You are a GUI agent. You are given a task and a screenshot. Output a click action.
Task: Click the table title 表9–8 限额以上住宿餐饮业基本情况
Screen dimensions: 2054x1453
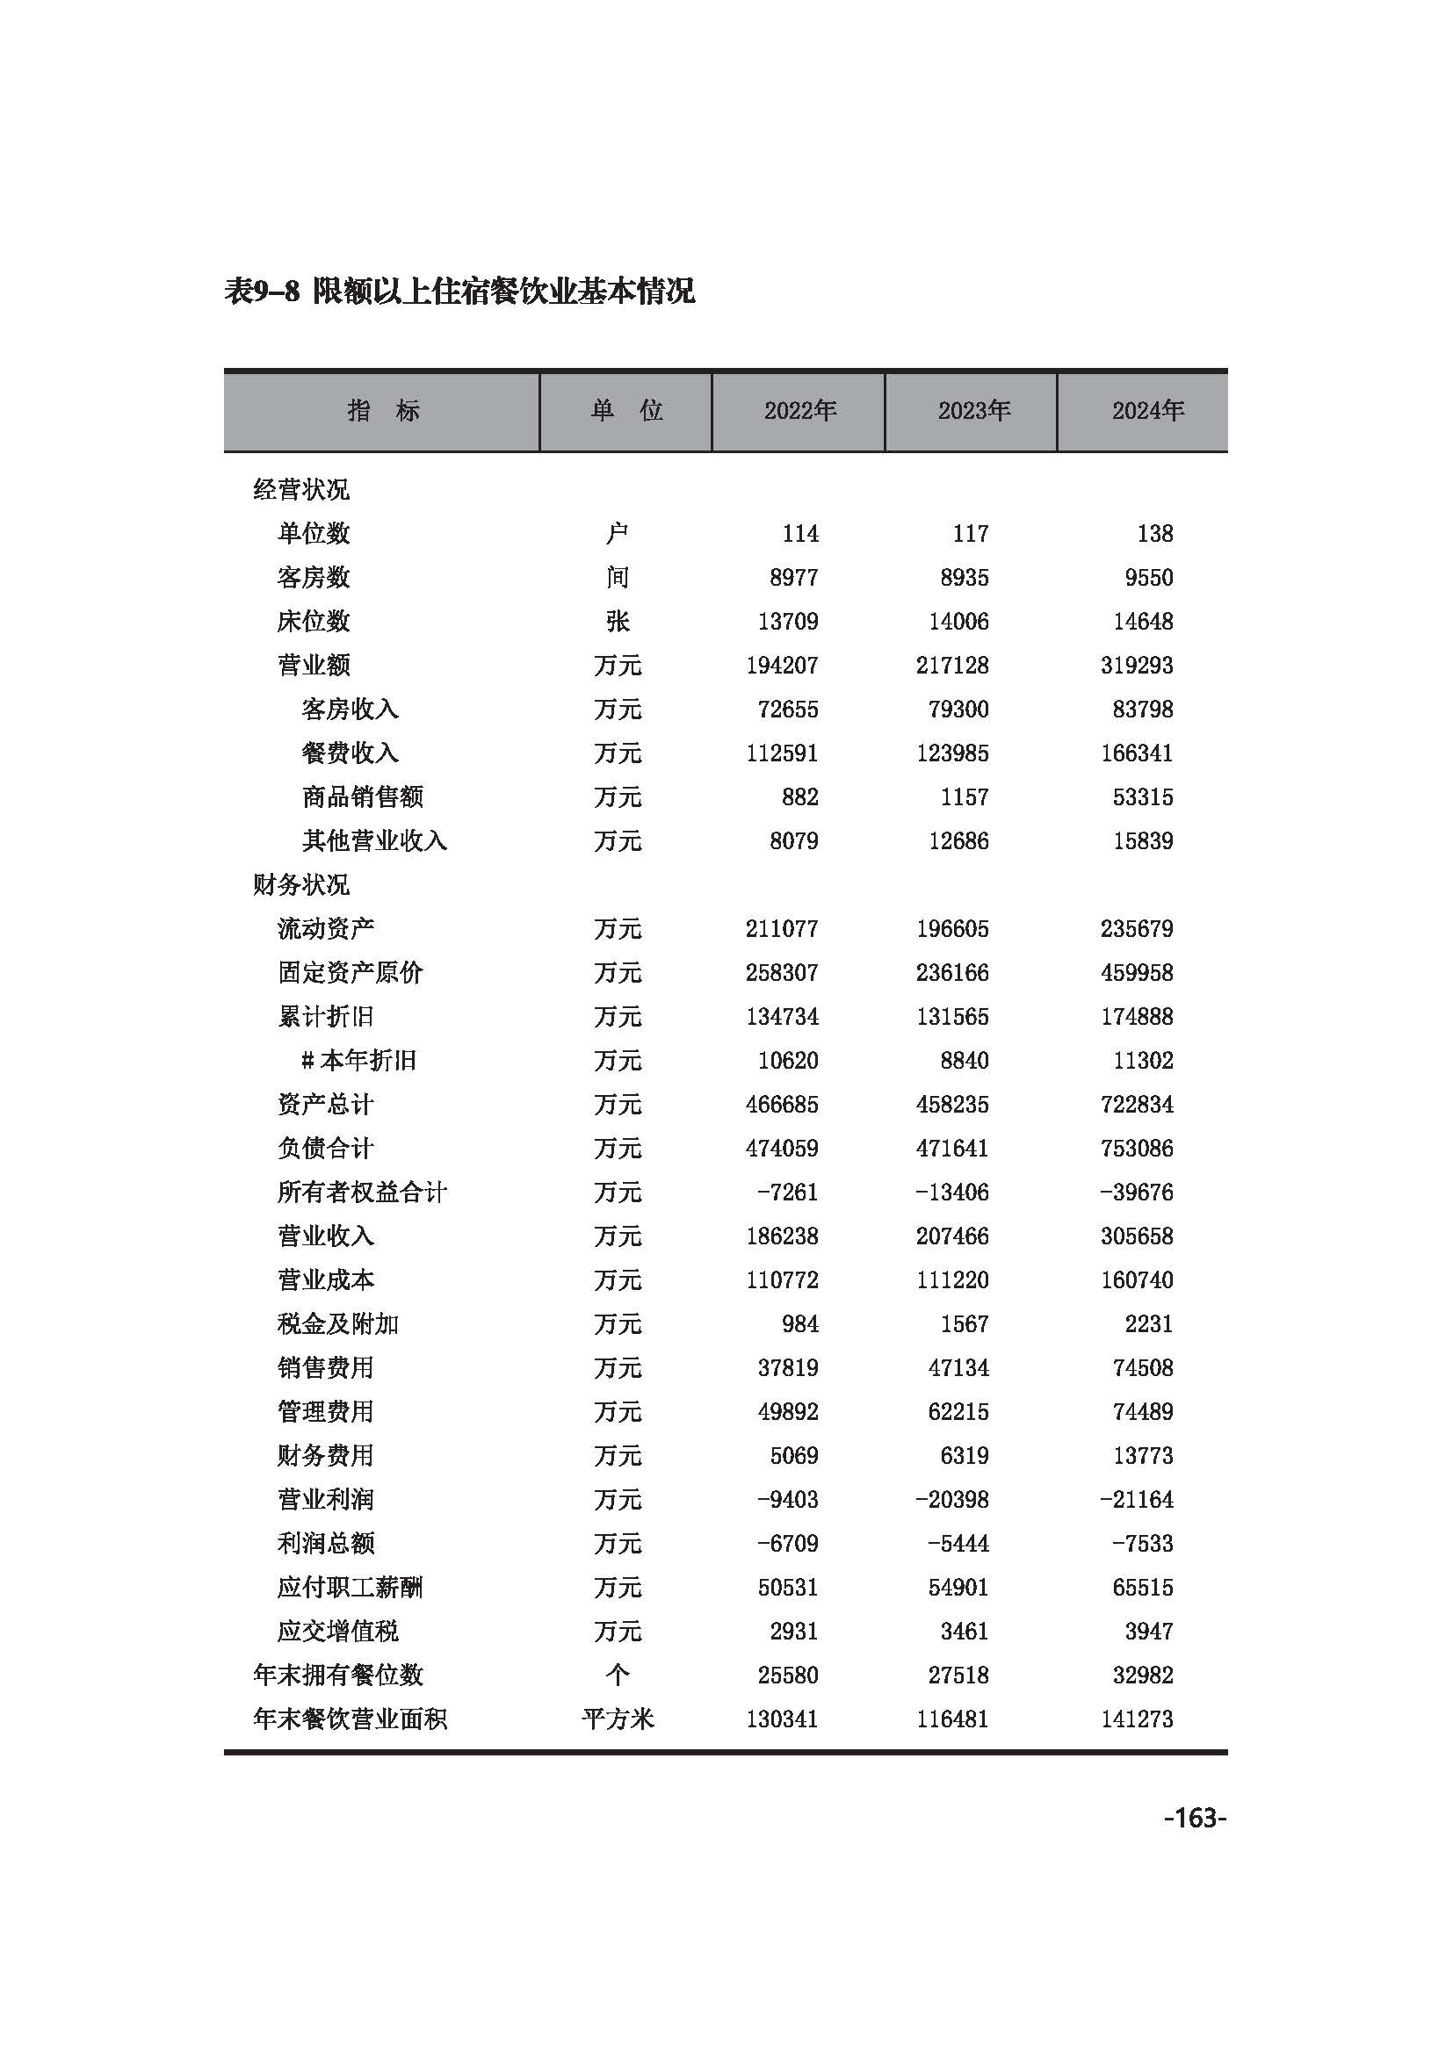click(x=459, y=291)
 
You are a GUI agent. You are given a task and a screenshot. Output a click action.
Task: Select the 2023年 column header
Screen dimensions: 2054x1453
click(x=973, y=411)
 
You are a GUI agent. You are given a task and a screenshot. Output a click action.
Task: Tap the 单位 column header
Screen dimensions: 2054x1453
click(x=625, y=411)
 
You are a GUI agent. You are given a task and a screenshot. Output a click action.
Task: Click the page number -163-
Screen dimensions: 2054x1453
click(x=1196, y=1817)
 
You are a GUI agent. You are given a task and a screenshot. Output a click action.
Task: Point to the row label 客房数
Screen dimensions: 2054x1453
click(x=313, y=578)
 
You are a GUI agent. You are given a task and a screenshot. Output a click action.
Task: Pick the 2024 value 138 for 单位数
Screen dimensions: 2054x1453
click(x=1154, y=534)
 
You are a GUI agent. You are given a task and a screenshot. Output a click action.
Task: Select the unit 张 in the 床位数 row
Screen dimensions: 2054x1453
click(x=618, y=622)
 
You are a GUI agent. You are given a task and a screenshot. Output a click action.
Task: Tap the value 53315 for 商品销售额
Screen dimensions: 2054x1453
click(x=1142, y=797)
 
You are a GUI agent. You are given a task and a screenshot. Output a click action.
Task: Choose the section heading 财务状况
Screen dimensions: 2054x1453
click(x=300, y=885)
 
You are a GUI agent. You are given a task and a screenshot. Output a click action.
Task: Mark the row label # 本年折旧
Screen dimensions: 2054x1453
click(x=358, y=1061)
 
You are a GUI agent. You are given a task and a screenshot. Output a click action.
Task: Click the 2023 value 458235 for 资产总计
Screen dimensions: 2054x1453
click(x=952, y=1105)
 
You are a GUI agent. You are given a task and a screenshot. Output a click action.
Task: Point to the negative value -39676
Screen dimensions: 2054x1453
click(x=1136, y=1193)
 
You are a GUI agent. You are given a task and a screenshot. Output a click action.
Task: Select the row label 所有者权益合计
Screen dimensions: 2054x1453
click(x=361, y=1193)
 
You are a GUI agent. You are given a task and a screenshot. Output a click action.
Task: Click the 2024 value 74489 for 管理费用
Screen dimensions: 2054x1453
click(x=1142, y=1412)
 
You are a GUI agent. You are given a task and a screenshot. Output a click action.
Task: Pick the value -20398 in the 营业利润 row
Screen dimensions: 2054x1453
click(x=951, y=1499)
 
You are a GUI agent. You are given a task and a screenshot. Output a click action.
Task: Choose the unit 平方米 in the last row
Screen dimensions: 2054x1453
click(x=618, y=1719)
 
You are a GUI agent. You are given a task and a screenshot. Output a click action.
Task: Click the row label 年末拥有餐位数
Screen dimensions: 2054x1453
click(x=337, y=1675)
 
